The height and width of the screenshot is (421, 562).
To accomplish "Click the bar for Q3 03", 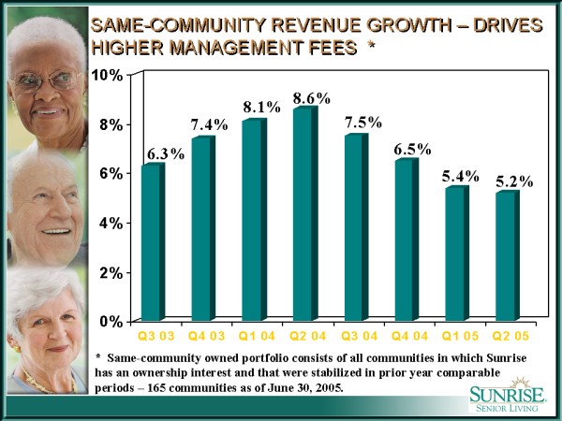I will point(153,243).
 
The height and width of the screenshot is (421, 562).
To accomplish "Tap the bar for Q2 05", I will point(507,256).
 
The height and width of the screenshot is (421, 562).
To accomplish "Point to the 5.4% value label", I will point(461,175).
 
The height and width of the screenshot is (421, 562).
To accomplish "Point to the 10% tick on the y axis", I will point(110,75).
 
